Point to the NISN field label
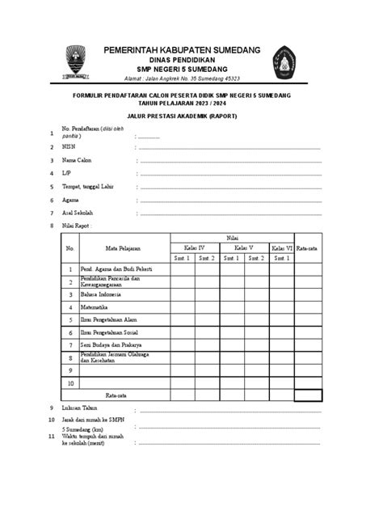click(69, 147)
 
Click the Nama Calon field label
click(79, 160)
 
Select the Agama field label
click(71, 199)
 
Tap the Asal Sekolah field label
click(78, 213)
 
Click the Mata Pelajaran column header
click(122, 247)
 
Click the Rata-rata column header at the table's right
click(308, 247)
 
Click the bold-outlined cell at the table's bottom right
click(308, 395)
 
